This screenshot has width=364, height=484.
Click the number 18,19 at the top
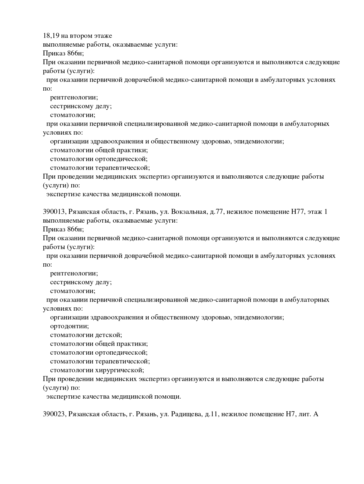[51, 36]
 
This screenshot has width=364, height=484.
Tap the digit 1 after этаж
[326, 212]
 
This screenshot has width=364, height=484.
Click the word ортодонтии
[69, 326]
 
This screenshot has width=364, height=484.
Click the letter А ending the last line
[316, 414]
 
